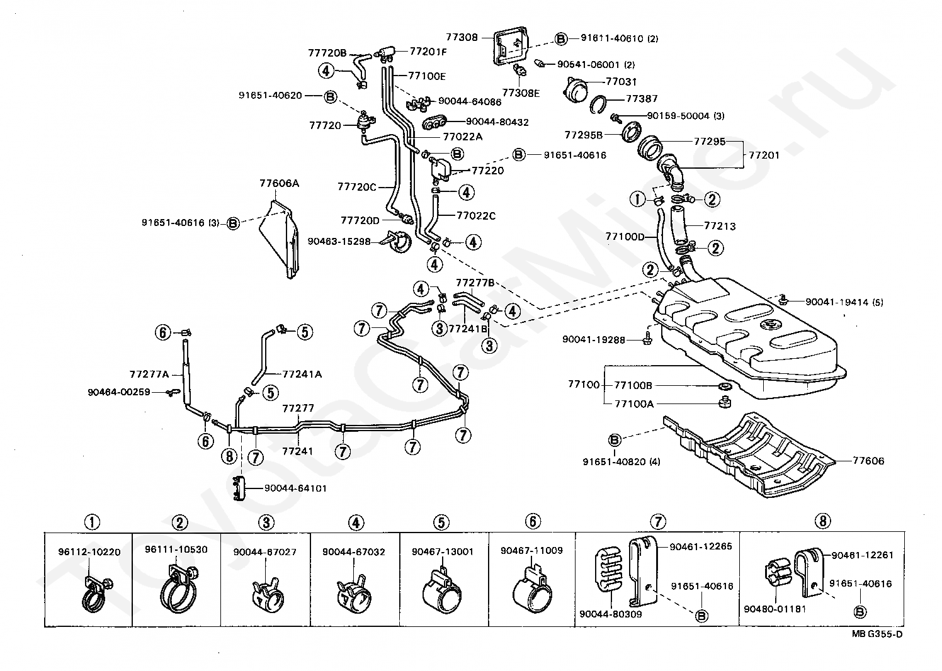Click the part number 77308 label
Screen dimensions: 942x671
pyautogui.click(x=462, y=37)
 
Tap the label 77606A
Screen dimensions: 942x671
pyautogui.click(x=279, y=183)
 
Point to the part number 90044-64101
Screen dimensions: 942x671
pyautogui.click(x=295, y=488)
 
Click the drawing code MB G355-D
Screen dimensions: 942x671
pyautogui.click(x=877, y=646)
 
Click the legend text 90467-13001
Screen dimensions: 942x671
pyautogui.click(x=443, y=551)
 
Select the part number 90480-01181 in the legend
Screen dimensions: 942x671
pyautogui.click(x=775, y=609)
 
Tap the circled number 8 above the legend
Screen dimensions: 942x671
pyautogui.click(x=822, y=521)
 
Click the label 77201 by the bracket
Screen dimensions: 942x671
pyautogui.click(x=764, y=155)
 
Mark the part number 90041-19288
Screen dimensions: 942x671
pyautogui.click(x=594, y=340)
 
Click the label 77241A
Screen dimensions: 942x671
pyautogui.click(x=302, y=374)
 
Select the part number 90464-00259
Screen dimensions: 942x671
pyautogui.click(x=119, y=392)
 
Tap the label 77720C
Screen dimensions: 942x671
pyautogui.click(x=357, y=187)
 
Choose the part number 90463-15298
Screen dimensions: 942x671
pyautogui.click(x=339, y=241)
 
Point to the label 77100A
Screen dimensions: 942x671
pyautogui.click(x=634, y=404)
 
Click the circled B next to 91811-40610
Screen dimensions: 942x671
pyautogui.click(x=561, y=38)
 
